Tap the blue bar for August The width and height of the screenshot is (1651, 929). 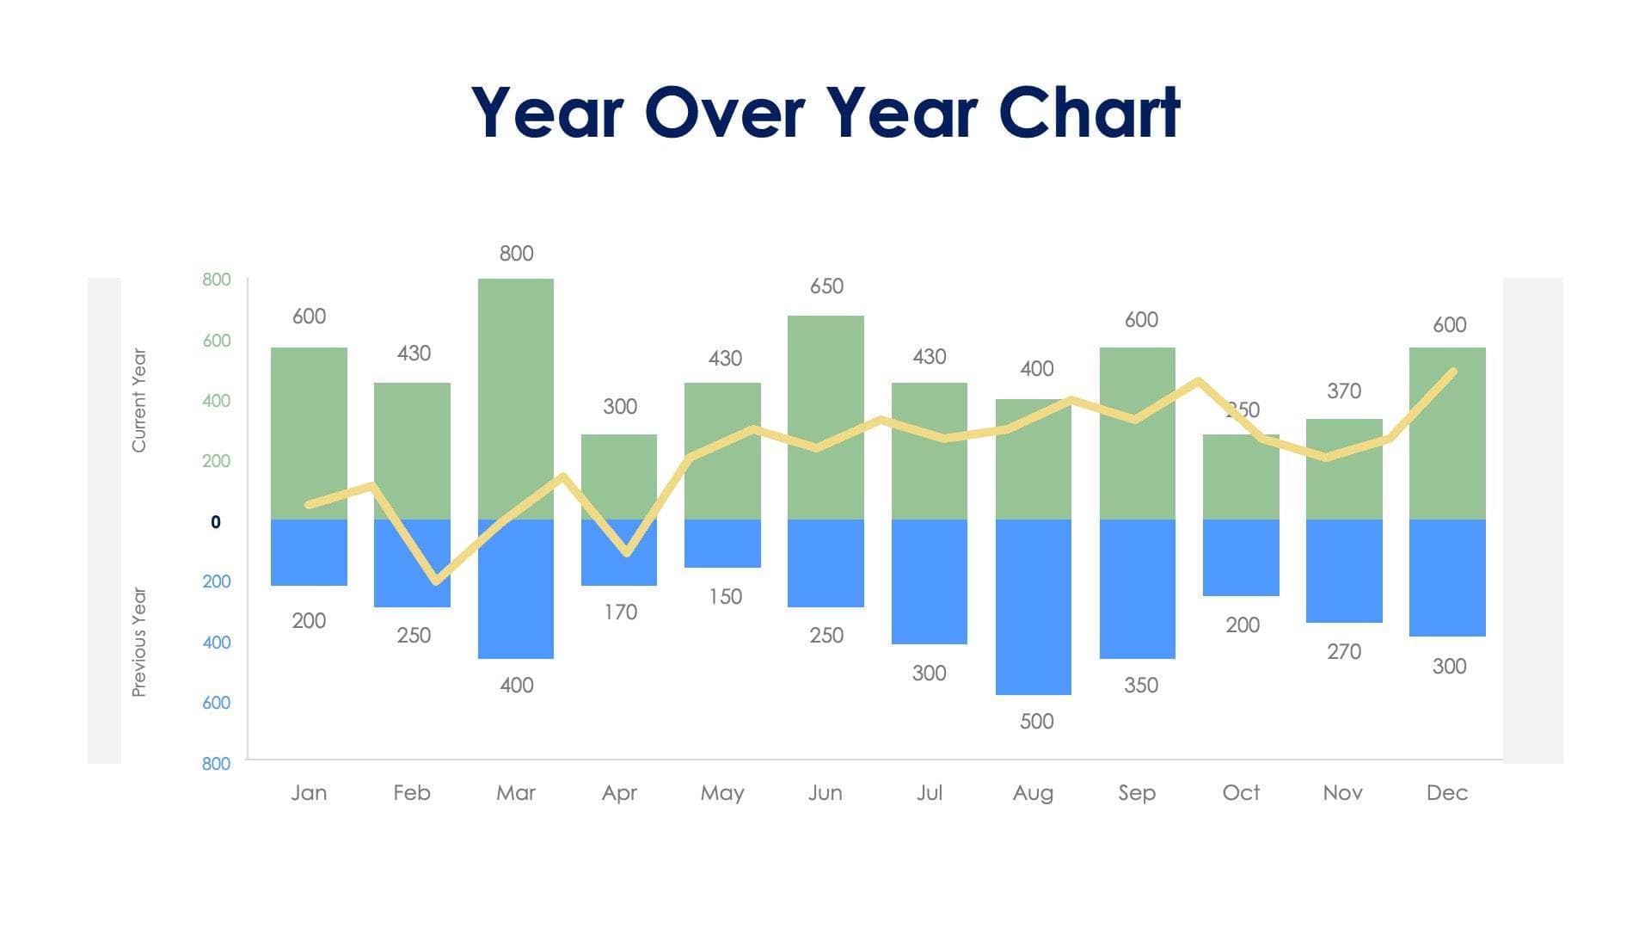coord(1033,606)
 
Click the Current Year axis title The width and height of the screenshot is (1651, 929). coord(138,400)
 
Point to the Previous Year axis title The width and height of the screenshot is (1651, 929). coord(138,642)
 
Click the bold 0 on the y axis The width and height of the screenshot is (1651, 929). coord(216,522)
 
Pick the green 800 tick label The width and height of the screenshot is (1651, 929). coord(217,280)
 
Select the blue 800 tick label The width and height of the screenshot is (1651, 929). coord(217,764)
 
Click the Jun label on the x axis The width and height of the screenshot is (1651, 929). coord(825,792)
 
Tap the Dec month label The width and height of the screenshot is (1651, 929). coord(1446,792)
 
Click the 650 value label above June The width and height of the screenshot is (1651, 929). coord(826,286)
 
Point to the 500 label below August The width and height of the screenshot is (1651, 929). coord(1036,722)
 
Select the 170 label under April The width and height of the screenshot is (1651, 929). coord(620,612)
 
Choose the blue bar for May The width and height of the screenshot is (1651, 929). coord(722,544)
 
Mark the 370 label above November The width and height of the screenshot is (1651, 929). coord(1343,391)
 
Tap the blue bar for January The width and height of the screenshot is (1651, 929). coord(309,552)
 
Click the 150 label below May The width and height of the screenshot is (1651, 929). coord(725,597)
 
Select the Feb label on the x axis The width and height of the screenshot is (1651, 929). coord(412,792)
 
